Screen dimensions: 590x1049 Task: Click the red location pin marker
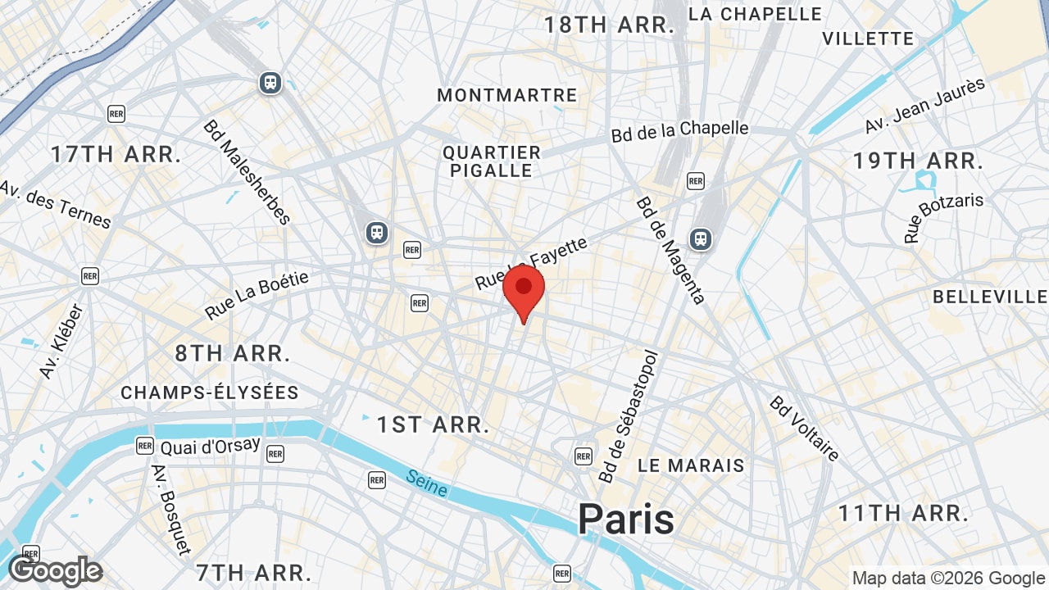[524, 291]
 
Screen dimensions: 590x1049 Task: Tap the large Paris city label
[626, 519]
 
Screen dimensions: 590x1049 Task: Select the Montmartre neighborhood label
[506, 95]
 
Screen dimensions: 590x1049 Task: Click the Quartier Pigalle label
[492, 161]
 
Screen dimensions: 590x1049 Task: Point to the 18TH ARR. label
[609, 25]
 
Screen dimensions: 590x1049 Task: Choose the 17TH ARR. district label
[116, 154]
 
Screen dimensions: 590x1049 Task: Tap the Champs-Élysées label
[210, 393]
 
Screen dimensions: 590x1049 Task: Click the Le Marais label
[691, 465]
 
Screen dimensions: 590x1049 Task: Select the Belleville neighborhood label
[990, 297]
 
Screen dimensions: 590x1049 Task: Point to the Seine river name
[427, 483]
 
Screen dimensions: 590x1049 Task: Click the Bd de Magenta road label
[670, 249]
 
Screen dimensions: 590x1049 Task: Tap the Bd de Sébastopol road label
[629, 416]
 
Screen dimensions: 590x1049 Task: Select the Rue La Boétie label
[257, 296]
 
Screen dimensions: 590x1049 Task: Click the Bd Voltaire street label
[804, 428]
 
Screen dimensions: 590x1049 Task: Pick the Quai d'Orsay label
[210, 447]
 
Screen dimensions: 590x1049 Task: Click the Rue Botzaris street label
[943, 218]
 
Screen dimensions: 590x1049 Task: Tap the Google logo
[55, 571]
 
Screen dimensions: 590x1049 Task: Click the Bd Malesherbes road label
[247, 172]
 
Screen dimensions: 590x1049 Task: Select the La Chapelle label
[755, 14]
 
